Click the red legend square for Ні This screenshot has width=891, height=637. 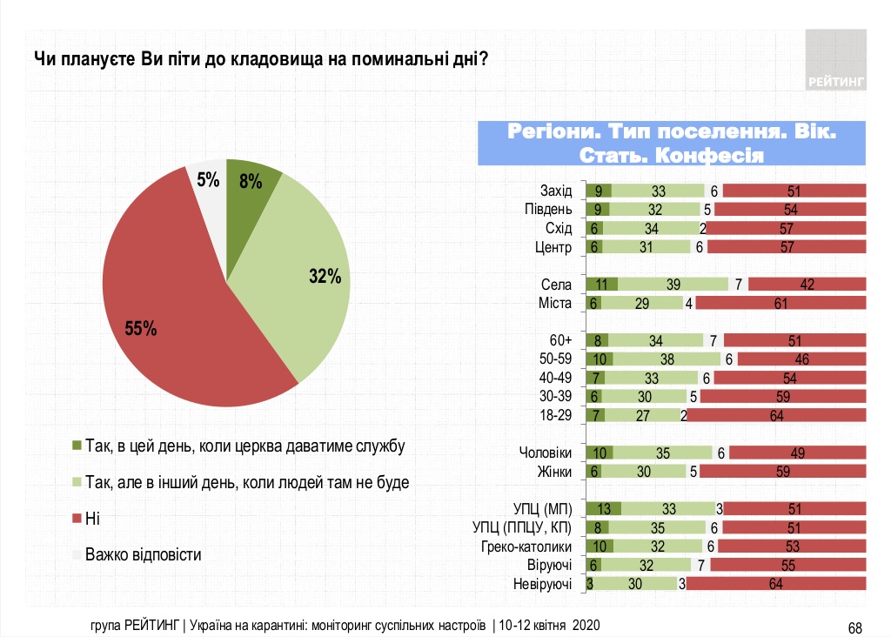pos(77,518)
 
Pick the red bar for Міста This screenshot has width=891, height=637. pos(780,303)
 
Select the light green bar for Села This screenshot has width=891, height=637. pos(673,285)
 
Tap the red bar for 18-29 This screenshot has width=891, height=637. pos(777,415)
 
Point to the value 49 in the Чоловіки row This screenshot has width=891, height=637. pos(797,453)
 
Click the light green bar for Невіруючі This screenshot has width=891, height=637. pos(635,584)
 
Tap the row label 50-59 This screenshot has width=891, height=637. pos(554,359)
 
